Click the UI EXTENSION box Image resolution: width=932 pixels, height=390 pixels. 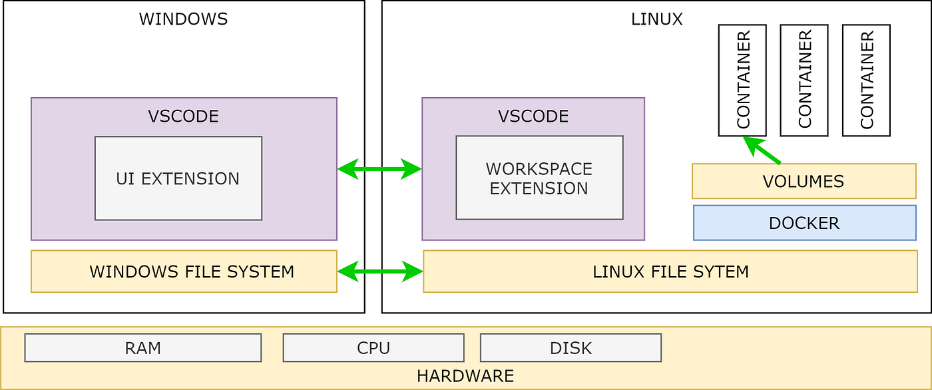(178, 178)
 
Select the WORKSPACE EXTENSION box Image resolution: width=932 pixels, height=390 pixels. (539, 178)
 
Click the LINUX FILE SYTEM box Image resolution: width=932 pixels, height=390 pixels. (670, 272)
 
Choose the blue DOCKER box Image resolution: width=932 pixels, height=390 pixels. (804, 223)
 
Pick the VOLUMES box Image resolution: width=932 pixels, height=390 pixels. (804, 181)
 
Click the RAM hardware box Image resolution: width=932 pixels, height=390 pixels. (142, 348)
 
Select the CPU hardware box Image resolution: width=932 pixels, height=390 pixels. (373, 348)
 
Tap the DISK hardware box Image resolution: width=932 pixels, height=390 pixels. (571, 348)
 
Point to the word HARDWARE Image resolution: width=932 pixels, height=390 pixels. (465, 376)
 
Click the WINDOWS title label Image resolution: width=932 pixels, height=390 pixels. (183, 19)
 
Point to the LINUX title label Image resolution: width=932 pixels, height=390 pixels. (656, 19)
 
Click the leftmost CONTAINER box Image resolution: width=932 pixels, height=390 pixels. (742, 81)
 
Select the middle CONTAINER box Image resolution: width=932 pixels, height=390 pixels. (804, 81)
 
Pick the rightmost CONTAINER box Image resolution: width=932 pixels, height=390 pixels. (866, 81)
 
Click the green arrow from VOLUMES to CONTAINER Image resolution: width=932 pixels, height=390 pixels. (762, 150)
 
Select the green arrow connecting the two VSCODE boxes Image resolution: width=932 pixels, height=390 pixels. (379, 169)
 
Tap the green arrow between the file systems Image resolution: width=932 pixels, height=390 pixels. (379, 271)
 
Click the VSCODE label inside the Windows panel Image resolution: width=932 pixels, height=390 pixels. (183, 116)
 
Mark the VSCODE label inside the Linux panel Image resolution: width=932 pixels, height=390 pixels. (533, 116)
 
